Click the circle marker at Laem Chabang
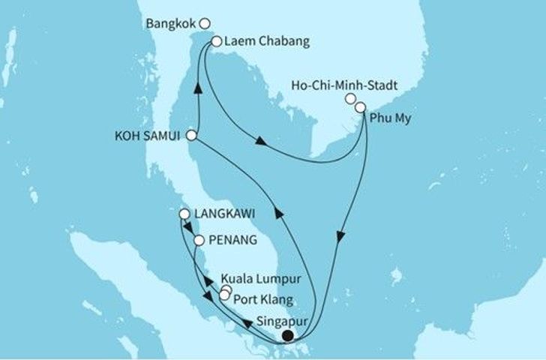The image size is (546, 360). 217,42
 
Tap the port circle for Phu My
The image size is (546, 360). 361,108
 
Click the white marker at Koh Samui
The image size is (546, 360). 191,136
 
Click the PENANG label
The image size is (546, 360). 231,241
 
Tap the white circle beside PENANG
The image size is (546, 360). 199,241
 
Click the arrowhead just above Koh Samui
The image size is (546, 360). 198,88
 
